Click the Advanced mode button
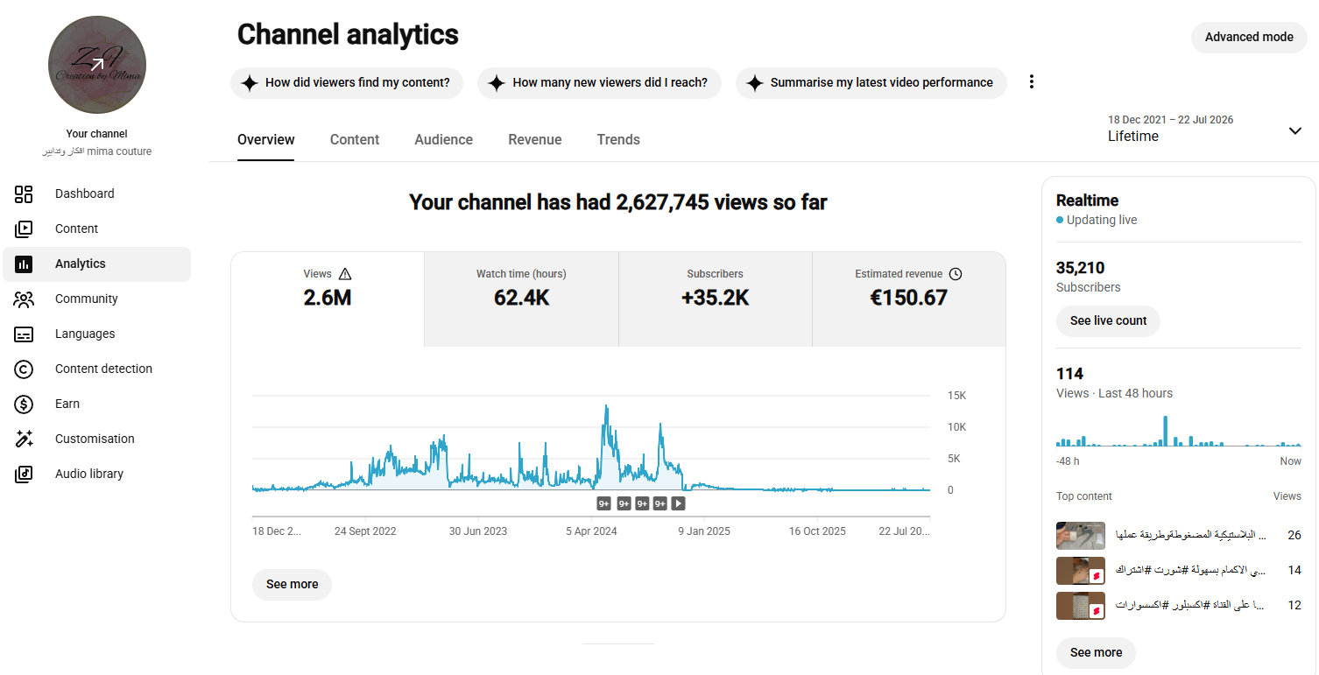[x=1248, y=37]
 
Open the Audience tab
[x=443, y=139]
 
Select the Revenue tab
[x=534, y=139]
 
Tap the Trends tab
[x=618, y=139]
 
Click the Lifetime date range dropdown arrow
[x=1294, y=130]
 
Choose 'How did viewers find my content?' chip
[x=347, y=82]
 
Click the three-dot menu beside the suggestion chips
[x=1031, y=81]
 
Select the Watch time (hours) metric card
[x=521, y=299]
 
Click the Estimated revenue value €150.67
[x=908, y=298]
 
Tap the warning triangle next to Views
[x=345, y=274]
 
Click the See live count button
[x=1108, y=320]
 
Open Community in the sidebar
[x=86, y=299]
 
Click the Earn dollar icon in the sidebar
[x=24, y=404]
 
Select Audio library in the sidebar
[x=89, y=474]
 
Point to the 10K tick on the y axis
[x=956, y=427]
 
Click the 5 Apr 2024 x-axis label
[x=591, y=531]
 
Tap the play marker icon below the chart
[x=679, y=503]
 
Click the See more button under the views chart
[x=292, y=584]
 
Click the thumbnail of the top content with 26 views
[x=1081, y=536]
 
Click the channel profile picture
[x=97, y=65]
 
